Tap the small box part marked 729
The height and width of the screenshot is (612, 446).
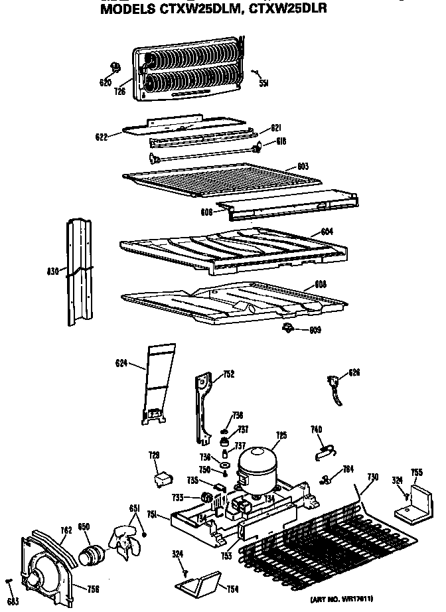coord(161,477)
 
